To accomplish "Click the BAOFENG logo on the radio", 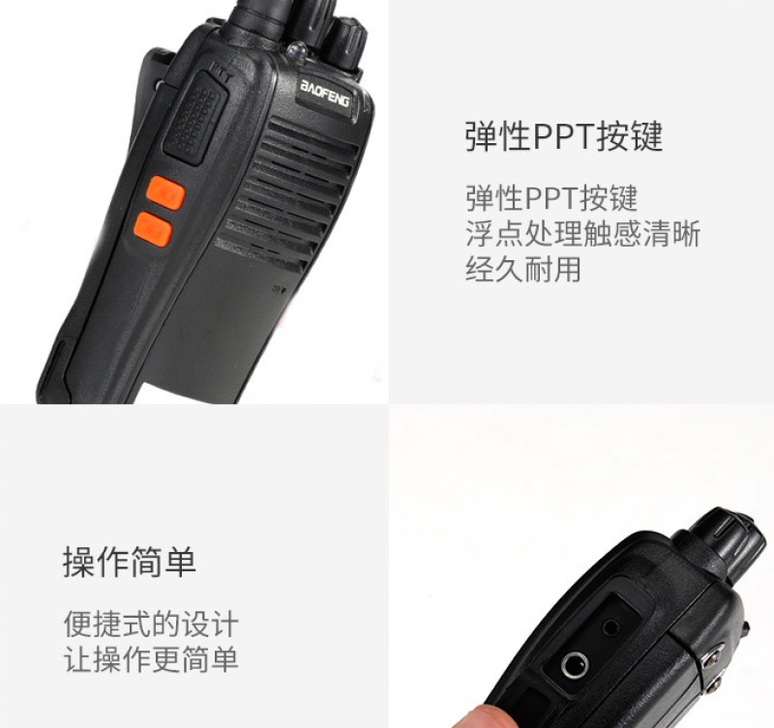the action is (x=324, y=94).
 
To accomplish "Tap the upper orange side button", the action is (x=166, y=192).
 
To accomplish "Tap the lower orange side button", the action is (x=153, y=230).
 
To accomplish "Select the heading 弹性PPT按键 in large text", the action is (x=564, y=136).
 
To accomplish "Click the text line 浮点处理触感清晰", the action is (x=583, y=234).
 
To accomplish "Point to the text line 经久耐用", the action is (x=523, y=270).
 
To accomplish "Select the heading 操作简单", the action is (x=130, y=562).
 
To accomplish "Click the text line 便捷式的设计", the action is (x=151, y=624).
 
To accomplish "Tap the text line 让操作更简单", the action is (x=151, y=659).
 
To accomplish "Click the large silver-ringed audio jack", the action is (x=575, y=665).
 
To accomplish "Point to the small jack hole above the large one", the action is (x=611, y=627).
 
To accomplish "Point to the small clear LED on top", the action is (x=297, y=51).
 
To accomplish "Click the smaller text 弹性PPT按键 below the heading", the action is (x=551, y=198).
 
